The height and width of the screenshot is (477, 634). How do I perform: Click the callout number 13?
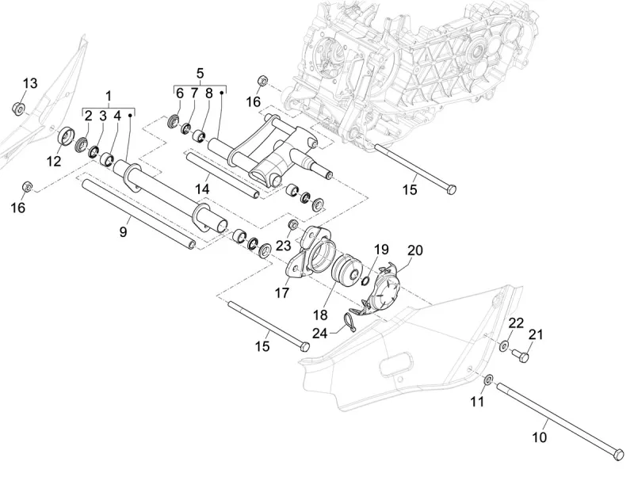point(30,84)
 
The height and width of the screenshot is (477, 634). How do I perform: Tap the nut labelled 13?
point(18,109)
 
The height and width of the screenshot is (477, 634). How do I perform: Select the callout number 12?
point(53,162)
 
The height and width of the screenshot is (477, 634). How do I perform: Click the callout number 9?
point(124,232)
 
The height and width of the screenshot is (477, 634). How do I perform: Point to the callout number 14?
point(203,189)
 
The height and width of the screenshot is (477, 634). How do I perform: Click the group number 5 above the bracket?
point(201,74)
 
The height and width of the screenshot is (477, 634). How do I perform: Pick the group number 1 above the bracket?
point(109,96)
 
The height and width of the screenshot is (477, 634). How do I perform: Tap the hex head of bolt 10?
point(618,453)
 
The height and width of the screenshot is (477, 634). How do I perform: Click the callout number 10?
point(540,437)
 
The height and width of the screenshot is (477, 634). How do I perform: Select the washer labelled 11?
point(488,380)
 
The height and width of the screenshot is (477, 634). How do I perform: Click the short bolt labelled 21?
point(521,356)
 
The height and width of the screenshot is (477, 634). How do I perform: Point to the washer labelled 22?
point(504,345)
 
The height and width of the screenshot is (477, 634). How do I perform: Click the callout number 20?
point(414,250)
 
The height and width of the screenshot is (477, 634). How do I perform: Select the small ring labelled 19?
point(364,280)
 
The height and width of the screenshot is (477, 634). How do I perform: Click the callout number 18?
point(320,315)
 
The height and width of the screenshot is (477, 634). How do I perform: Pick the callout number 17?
point(282,292)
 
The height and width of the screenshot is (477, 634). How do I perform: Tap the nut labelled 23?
point(293,224)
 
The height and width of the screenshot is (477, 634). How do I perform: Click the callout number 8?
point(208,93)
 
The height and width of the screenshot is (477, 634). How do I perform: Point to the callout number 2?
point(89,116)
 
